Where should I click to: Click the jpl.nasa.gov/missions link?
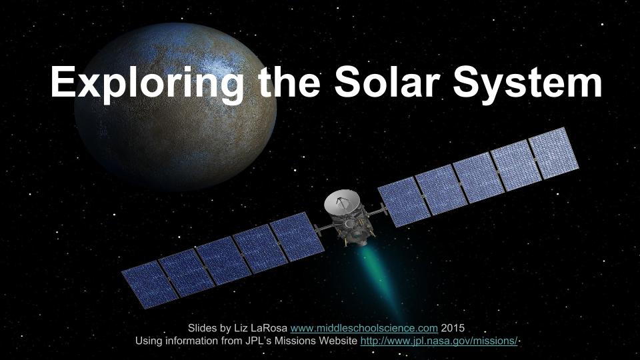coord(439,341)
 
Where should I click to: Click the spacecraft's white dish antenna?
coord(341,203)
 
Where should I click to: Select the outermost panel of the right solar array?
coord(553,153)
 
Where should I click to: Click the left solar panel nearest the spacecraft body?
coord(297,235)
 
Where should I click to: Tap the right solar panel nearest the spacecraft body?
coord(404,199)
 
